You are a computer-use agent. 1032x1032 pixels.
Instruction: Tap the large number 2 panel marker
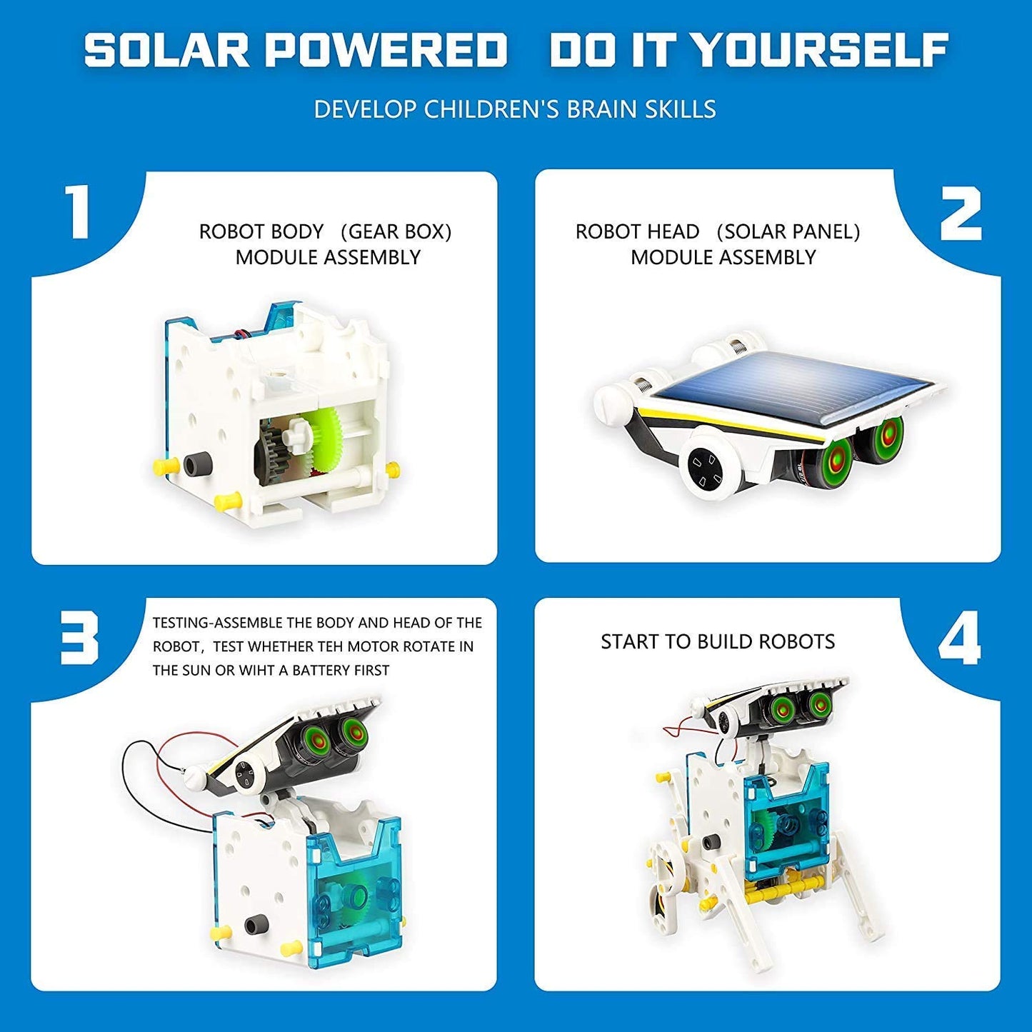[961, 214]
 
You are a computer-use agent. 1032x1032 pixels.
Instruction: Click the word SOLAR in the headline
[168, 51]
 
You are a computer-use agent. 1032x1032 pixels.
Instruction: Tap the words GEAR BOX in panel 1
[396, 232]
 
